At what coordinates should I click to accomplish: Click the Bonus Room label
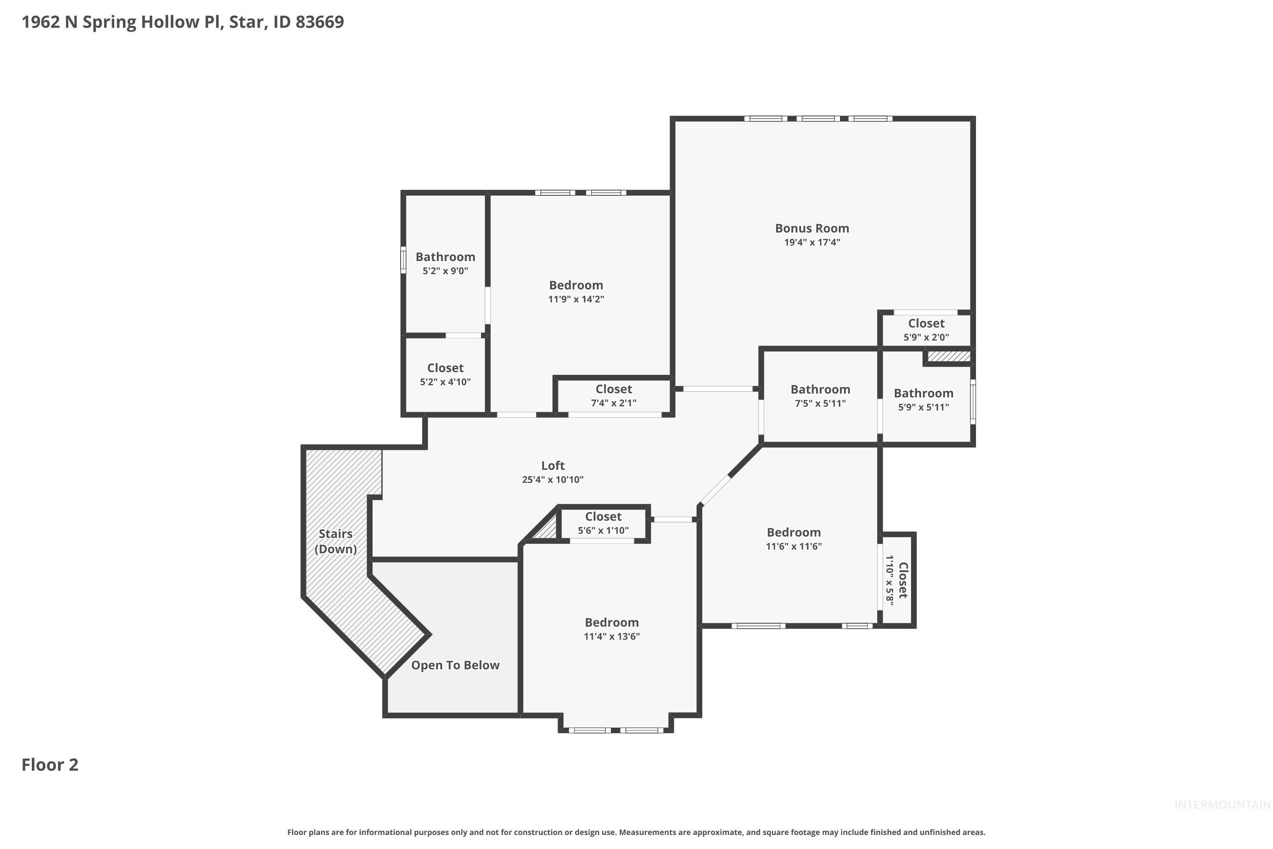coord(811,228)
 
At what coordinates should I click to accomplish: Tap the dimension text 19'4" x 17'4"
coord(811,242)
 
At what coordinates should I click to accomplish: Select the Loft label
coord(552,466)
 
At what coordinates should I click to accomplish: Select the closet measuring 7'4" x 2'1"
coord(613,396)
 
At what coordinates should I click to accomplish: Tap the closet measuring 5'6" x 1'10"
coord(603,523)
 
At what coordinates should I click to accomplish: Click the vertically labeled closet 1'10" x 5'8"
coord(896,580)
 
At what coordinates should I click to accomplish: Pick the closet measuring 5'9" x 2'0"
coord(925,330)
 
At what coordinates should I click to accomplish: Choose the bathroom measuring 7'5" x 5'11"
coord(820,396)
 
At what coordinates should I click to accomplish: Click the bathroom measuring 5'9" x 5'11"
coord(923,399)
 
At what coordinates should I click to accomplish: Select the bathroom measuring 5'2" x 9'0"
coord(445,263)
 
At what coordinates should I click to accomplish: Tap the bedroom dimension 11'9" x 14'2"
coord(576,299)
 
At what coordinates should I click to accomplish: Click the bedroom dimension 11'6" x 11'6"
coord(794,546)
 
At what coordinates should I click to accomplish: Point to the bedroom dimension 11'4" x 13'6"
coord(611,637)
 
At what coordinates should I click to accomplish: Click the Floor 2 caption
coord(50,765)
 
